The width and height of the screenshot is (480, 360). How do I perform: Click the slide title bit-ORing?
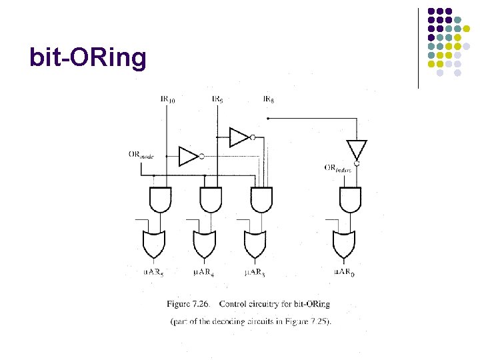tap(87, 58)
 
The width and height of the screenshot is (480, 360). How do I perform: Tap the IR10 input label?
tap(168, 100)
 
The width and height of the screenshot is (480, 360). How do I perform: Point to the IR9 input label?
tap(217, 100)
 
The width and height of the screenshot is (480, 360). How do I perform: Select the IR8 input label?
tap(269, 100)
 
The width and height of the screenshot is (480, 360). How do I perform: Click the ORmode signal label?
tap(141, 155)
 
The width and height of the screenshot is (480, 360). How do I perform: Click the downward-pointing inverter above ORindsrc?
tap(357, 150)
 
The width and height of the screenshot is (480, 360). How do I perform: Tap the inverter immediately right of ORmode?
tap(189, 156)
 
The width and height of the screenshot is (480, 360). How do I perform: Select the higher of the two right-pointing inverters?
tap(240, 137)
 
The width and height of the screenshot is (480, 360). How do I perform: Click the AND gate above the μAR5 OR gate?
tap(159, 199)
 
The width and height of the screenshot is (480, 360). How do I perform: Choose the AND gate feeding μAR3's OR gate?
tap(261, 199)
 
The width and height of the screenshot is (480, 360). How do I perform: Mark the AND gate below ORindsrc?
tap(350, 199)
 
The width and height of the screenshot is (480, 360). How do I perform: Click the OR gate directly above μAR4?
tap(205, 244)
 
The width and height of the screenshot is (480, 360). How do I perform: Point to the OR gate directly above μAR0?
tap(345, 244)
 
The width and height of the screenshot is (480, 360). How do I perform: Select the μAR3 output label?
tap(254, 272)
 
